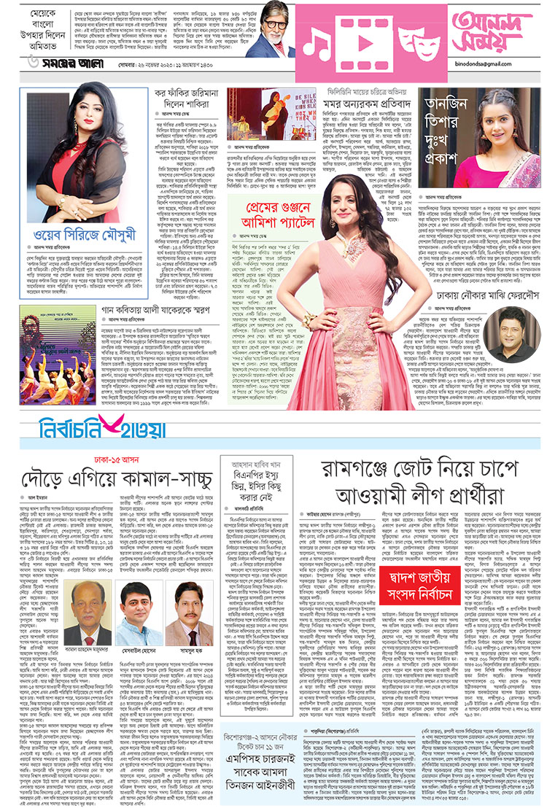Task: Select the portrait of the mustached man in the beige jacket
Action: tap(186, 620)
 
